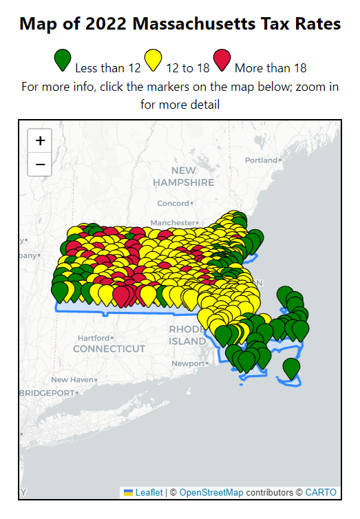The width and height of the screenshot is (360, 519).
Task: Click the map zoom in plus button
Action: tap(40, 140)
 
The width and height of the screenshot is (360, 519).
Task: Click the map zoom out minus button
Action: tap(40, 165)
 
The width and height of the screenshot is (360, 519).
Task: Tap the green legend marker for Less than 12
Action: tap(63, 61)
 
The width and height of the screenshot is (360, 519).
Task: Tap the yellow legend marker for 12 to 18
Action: tap(153, 61)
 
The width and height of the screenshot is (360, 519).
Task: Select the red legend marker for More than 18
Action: tap(222, 61)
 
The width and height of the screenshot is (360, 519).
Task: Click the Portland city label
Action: tap(261, 160)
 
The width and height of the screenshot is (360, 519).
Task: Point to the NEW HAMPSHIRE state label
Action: tap(184, 177)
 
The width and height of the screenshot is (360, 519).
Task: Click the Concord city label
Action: tap(173, 203)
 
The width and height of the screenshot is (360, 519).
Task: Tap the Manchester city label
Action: tap(173, 223)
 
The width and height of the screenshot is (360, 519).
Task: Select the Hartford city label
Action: tap(94, 338)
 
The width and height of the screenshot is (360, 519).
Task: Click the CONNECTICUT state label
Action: tap(109, 349)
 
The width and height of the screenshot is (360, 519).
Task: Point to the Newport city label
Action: tap(188, 363)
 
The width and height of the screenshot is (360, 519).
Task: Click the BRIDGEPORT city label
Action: tap(47, 392)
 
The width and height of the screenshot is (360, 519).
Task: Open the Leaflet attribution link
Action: tap(149, 492)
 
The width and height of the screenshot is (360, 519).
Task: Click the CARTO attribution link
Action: tap(321, 492)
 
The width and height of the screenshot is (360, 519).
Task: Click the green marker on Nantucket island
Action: tap(291, 368)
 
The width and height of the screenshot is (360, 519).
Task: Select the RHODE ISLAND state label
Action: tap(187, 335)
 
